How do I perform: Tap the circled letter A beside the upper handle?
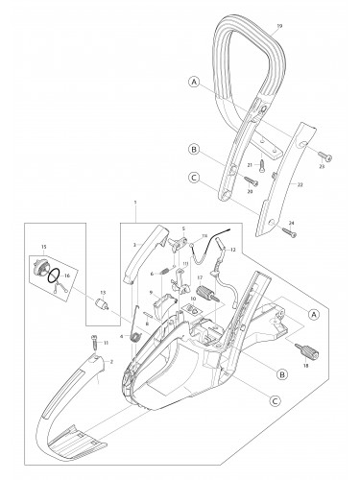tap(195, 84)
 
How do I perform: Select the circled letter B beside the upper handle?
tap(195, 150)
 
